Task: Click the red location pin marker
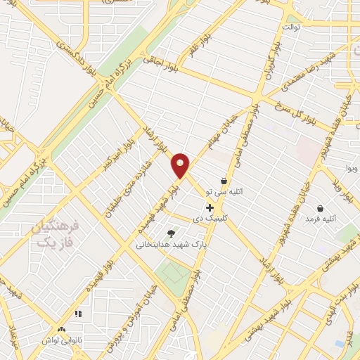click(181, 165)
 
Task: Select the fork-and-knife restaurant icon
click(78, 314)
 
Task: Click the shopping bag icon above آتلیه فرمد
click(320, 208)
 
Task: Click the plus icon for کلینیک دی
click(210, 207)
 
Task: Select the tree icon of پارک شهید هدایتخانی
click(170, 233)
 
